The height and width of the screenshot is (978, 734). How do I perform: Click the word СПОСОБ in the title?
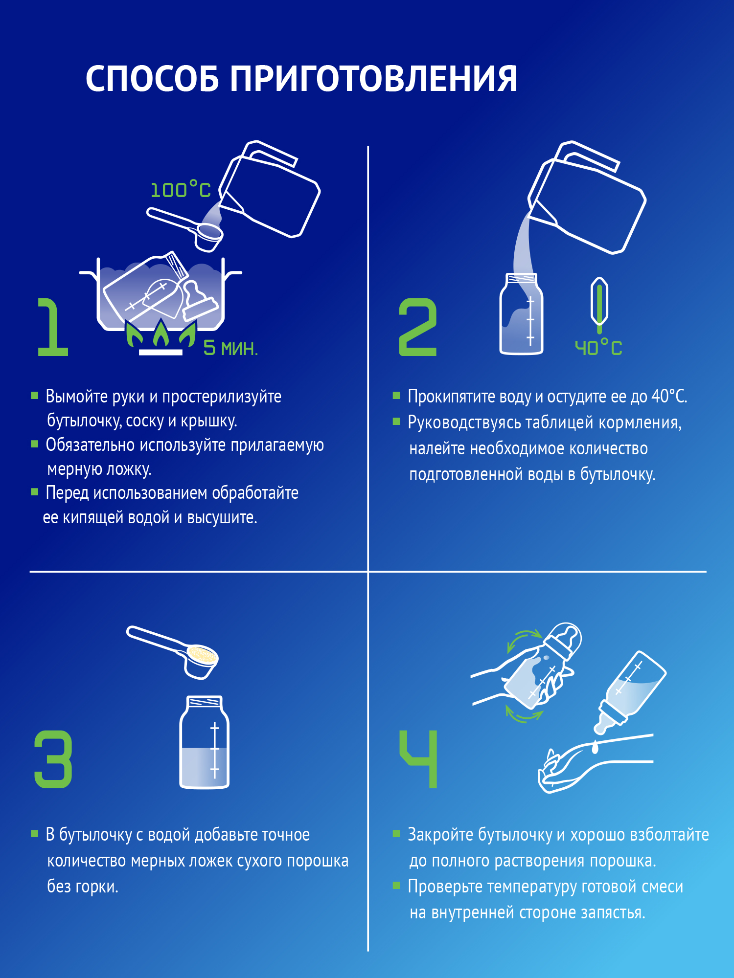152,79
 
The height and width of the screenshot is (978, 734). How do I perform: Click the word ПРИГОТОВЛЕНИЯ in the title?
373,79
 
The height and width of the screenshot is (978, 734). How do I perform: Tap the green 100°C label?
180,190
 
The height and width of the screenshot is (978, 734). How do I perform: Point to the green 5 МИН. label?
230,348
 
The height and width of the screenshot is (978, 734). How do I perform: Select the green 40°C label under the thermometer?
598,348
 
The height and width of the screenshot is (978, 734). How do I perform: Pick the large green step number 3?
53,759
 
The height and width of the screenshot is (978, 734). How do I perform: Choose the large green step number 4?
419,759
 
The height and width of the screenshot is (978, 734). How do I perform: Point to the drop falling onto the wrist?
595,747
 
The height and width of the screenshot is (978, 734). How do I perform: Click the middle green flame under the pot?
161,333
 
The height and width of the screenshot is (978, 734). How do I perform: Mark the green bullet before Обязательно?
35,444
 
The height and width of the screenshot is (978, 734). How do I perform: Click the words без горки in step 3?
83,887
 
